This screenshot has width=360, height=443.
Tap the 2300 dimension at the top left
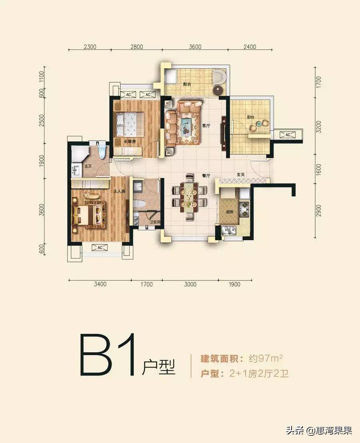90,47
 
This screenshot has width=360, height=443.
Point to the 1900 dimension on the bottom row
235,285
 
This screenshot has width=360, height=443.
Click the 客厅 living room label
206,126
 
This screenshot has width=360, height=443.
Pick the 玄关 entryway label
241,174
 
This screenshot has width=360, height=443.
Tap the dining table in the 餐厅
188,198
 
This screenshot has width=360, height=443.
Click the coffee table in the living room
187,126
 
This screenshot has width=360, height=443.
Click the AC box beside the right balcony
288,135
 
